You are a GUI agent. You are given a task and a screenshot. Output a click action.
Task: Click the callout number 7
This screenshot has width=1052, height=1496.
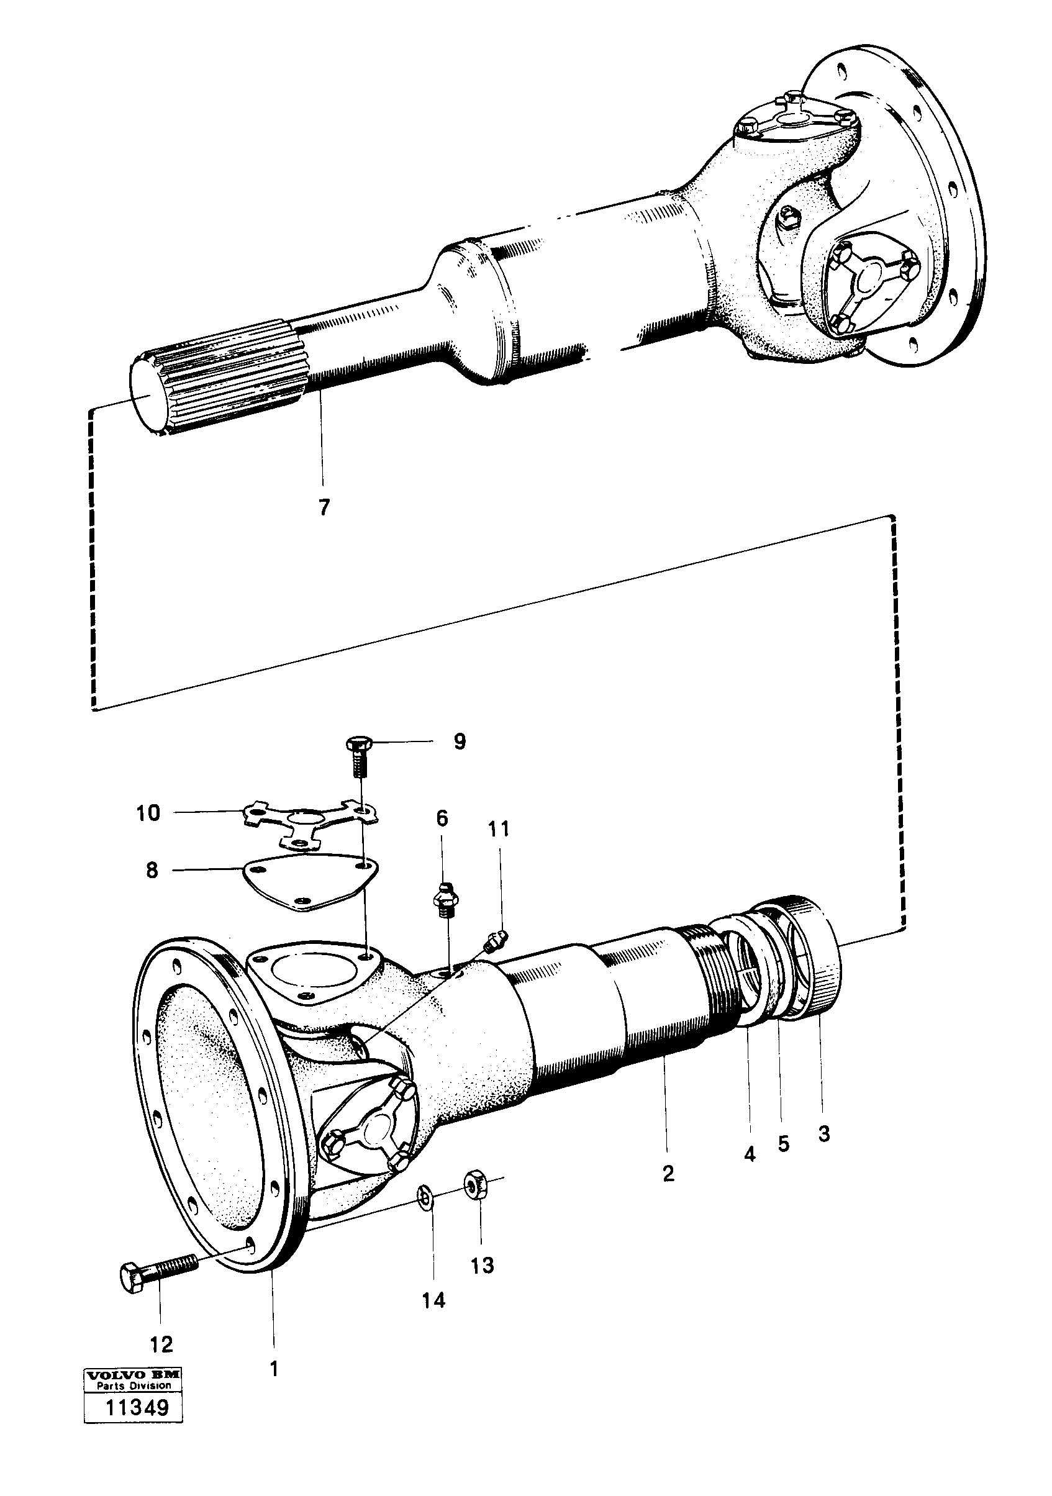click(x=324, y=506)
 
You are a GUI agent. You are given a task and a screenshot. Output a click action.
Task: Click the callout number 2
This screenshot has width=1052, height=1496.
click(x=668, y=1174)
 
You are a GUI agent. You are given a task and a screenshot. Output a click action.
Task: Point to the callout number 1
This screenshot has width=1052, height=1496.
click(x=274, y=1369)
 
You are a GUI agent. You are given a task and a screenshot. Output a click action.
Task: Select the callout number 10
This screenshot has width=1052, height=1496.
click(x=148, y=812)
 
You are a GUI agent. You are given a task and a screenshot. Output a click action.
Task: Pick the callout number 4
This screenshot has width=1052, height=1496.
click(x=750, y=1154)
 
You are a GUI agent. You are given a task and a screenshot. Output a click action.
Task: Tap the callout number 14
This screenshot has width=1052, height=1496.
click(x=433, y=1300)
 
